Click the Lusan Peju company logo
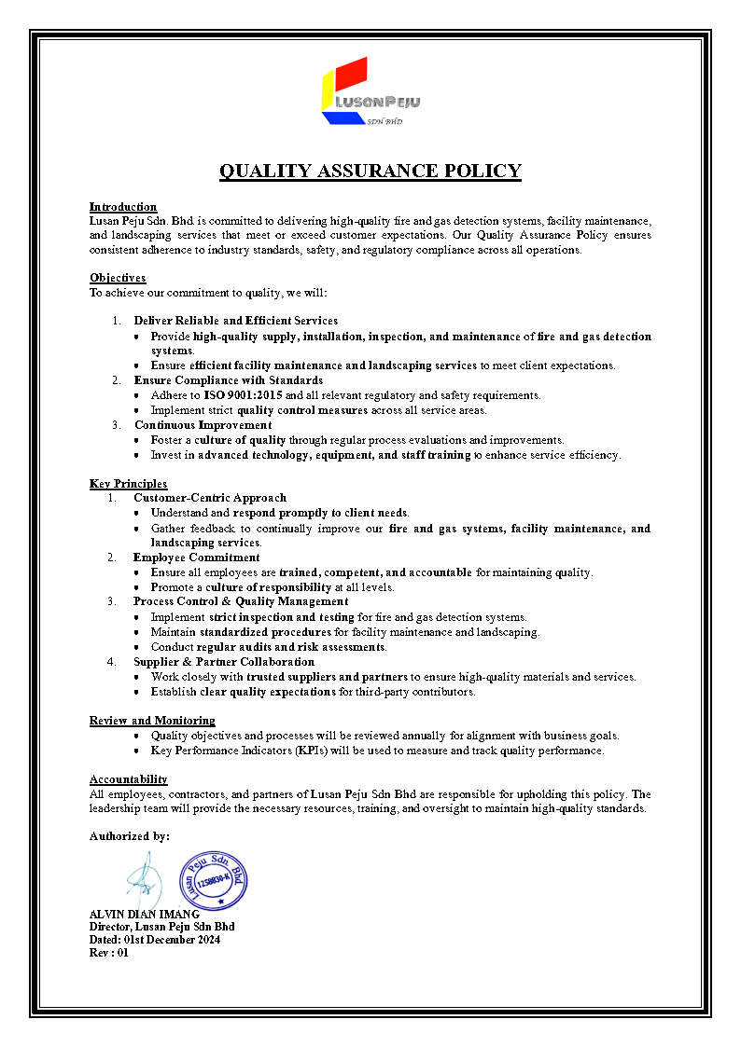coord(370,91)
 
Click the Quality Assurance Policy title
coord(370,172)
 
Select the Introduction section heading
coord(123,206)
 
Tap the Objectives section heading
coord(118,277)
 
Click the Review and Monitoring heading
coord(152,720)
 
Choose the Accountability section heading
coord(128,778)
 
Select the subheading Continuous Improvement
coord(203,425)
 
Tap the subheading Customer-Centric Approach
coord(210,498)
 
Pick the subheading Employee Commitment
coord(196,558)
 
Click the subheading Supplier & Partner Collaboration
coord(224,662)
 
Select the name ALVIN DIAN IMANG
coord(144,915)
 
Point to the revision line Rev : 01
coord(108,953)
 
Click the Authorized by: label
coord(130,836)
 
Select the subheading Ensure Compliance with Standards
coord(228,380)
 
